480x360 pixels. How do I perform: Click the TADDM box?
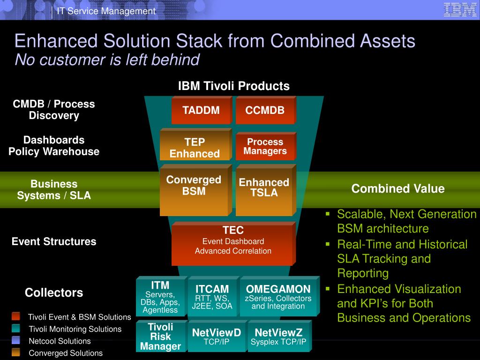click(x=202, y=110)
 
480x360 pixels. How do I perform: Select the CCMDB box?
click(x=266, y=110)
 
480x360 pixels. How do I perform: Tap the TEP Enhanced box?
click(x=196, y=144)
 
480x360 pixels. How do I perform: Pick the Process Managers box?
click(x=266, y=146)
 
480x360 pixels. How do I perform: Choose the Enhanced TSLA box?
click(x=266, y=190)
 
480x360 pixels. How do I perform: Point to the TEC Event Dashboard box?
click(x=233, y=244)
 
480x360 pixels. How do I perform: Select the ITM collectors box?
click(x=162, y=296)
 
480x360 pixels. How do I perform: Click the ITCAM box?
click(x=213, y=296)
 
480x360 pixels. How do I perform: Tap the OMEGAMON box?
click(x=280, y=296)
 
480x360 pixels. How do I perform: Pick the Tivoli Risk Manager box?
click(x=162, y=336)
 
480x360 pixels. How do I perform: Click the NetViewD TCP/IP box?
click(x=217, y=336)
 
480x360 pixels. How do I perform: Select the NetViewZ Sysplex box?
click(x=280, y=336)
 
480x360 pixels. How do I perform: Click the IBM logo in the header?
click(x=460, y=10)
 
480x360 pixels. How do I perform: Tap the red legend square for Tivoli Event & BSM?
click(x=16, y=316)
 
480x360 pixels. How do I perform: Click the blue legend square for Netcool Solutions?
click(x=16, y=340)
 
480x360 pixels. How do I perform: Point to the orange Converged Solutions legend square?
click(x=16, y=352)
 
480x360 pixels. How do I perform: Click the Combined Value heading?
click(x=398, y=188)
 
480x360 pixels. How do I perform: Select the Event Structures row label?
click(x=54, y=241)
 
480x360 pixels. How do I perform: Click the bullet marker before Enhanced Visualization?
click(x=328, y=289)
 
